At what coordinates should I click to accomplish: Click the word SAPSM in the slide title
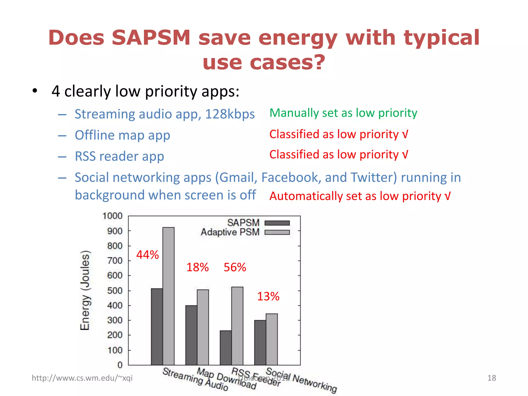pos(151,38)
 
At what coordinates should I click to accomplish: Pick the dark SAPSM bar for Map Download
pos(191,335)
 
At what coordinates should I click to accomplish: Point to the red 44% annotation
pos(147,255)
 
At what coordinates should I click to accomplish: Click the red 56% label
pos(235,267)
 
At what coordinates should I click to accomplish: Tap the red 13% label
pos(268,296)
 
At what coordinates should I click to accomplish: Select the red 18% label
pos(197,267)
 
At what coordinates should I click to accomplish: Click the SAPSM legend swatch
pos(277,223)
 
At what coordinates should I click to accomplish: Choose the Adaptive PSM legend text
pos(230,232)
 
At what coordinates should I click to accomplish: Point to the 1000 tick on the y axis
pos(112,216)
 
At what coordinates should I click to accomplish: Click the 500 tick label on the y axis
pos(115,291)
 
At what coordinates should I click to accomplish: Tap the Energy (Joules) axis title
pos(85,290)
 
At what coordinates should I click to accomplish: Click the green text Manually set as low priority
pos(343,113)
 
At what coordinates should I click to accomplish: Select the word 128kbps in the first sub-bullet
pos(230,114)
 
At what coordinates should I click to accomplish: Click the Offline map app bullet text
pos(122,135)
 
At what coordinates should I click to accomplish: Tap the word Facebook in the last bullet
pos(291,177)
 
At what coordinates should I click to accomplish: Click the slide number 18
pos(491,378)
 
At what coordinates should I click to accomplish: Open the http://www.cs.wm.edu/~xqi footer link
pos(82,378)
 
